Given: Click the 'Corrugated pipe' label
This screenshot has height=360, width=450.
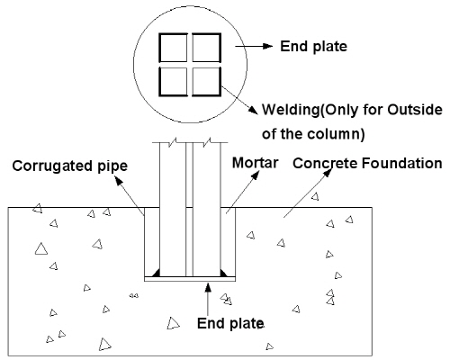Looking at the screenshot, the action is click(70, 166).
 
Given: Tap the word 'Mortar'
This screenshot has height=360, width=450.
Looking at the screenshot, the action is click(256, 163).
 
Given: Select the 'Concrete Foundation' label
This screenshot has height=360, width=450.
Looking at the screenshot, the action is click(367, 164).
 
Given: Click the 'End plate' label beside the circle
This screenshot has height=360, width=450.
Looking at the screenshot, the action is click(313, 47).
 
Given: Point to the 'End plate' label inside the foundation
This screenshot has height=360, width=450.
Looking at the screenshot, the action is click(230, 323).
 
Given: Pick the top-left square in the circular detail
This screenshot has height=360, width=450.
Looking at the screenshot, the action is click(173, 48).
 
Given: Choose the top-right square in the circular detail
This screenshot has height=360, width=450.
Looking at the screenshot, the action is click(206, 48).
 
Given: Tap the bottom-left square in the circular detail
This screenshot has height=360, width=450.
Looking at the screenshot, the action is click(173, 82).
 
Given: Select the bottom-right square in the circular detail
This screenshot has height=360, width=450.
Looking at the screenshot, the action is click(206, 82).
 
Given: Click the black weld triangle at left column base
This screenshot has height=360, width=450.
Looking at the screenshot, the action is click(156, 273).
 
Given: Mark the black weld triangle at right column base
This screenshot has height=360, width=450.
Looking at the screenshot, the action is click(224, 273).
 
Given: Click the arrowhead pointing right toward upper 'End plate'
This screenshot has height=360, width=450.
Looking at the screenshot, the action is click(267, 46).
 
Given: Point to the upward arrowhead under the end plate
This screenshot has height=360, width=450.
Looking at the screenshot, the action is click(208, 287).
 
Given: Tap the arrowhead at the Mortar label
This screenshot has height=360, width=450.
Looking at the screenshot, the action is click(256, 175).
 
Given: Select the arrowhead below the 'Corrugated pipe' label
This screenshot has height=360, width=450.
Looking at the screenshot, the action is click(119, 180).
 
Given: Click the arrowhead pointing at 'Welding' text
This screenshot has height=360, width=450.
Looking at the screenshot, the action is click(254, 110).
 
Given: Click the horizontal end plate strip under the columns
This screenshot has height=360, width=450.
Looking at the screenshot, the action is click(190, 279).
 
